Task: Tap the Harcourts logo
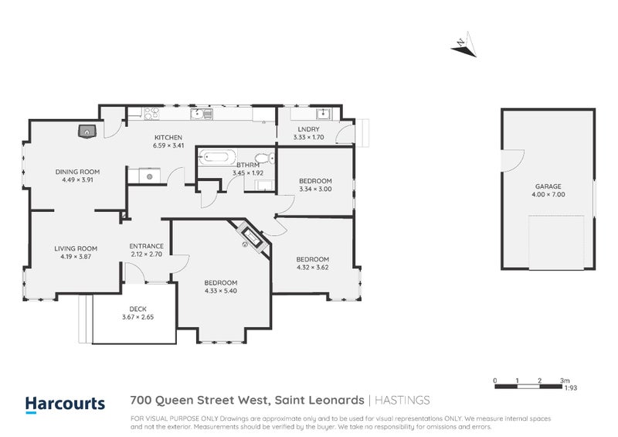(65, 403)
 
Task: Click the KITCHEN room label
(168, 138)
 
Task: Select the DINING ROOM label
(77, 172)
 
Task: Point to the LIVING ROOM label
(75, 248)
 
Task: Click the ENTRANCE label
(146, 246)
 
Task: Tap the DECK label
(138, 308)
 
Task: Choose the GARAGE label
(548, 186)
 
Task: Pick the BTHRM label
(248, 165)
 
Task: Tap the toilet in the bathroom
(263, 159)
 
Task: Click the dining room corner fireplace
(88, 130)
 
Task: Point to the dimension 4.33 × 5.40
(221, 291)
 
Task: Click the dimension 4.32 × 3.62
(313, 268)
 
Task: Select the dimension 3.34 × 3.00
(315, 189)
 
